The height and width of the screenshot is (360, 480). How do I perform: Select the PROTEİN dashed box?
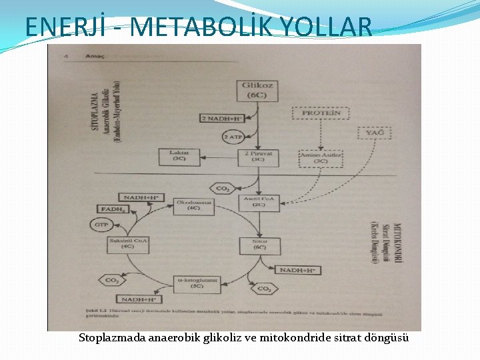point(321,113)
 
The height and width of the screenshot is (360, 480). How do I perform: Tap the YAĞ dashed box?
point(375,133)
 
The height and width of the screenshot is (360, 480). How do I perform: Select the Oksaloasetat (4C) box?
point(193,205)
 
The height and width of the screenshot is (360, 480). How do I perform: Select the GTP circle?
point(101,225)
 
